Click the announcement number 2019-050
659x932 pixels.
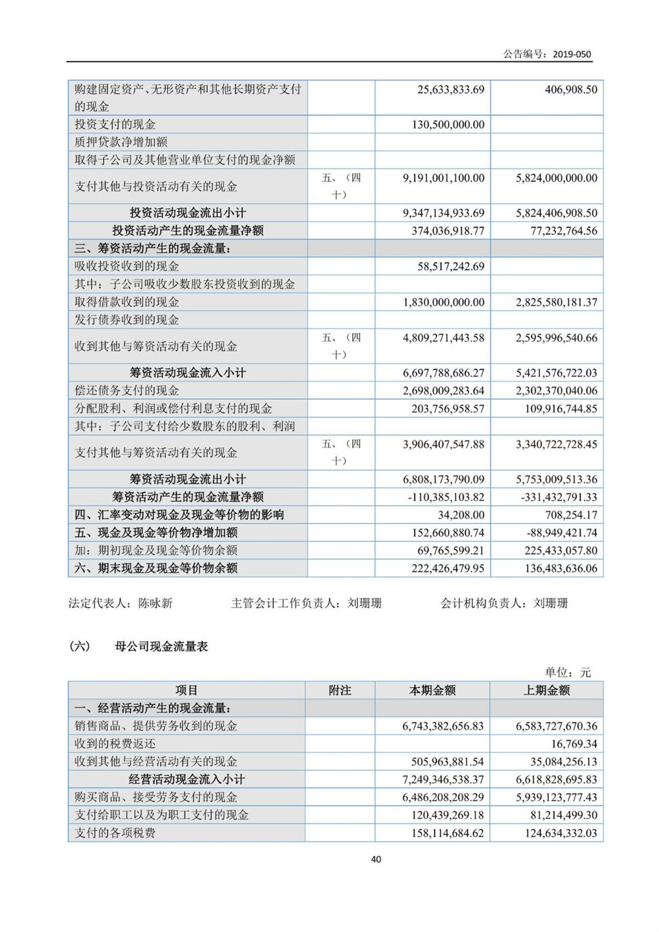click(x=572, y=54)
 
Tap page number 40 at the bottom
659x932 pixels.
click(x=376, y=860)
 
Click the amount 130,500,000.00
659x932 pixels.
click(x=448, y=125)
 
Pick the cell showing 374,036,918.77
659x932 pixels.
click(x=448, y=231)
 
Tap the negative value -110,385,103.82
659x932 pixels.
click(x=446, y=497)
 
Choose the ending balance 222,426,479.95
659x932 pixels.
click(x=448, y=568)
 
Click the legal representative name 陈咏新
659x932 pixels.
click(x=155, y=604)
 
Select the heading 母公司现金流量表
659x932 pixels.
click(x=161, y=646)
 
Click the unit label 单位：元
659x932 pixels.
click(x=568, y=672)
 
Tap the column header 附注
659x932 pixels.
click(x=340, y=690)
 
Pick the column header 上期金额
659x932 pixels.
click(x=546, y=690)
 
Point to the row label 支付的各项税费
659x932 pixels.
click(x=115, y=833)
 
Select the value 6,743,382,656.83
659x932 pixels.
click(x=443, y=726)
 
